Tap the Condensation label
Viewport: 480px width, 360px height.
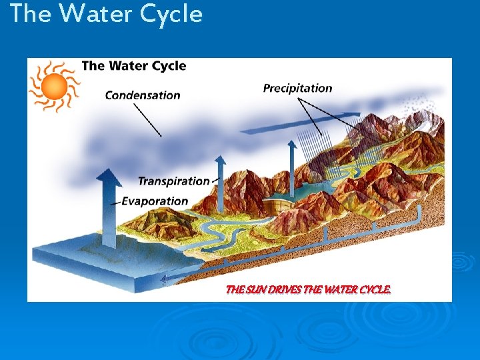tap(143, 95)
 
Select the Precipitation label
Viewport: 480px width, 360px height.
tap(297, 88)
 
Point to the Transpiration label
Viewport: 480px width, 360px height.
tap(173, 181)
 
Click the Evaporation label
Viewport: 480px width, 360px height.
tap(155, 201)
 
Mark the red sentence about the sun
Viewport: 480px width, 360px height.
tap(308, 290)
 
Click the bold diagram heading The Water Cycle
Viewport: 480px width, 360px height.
tap(134, 66)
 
